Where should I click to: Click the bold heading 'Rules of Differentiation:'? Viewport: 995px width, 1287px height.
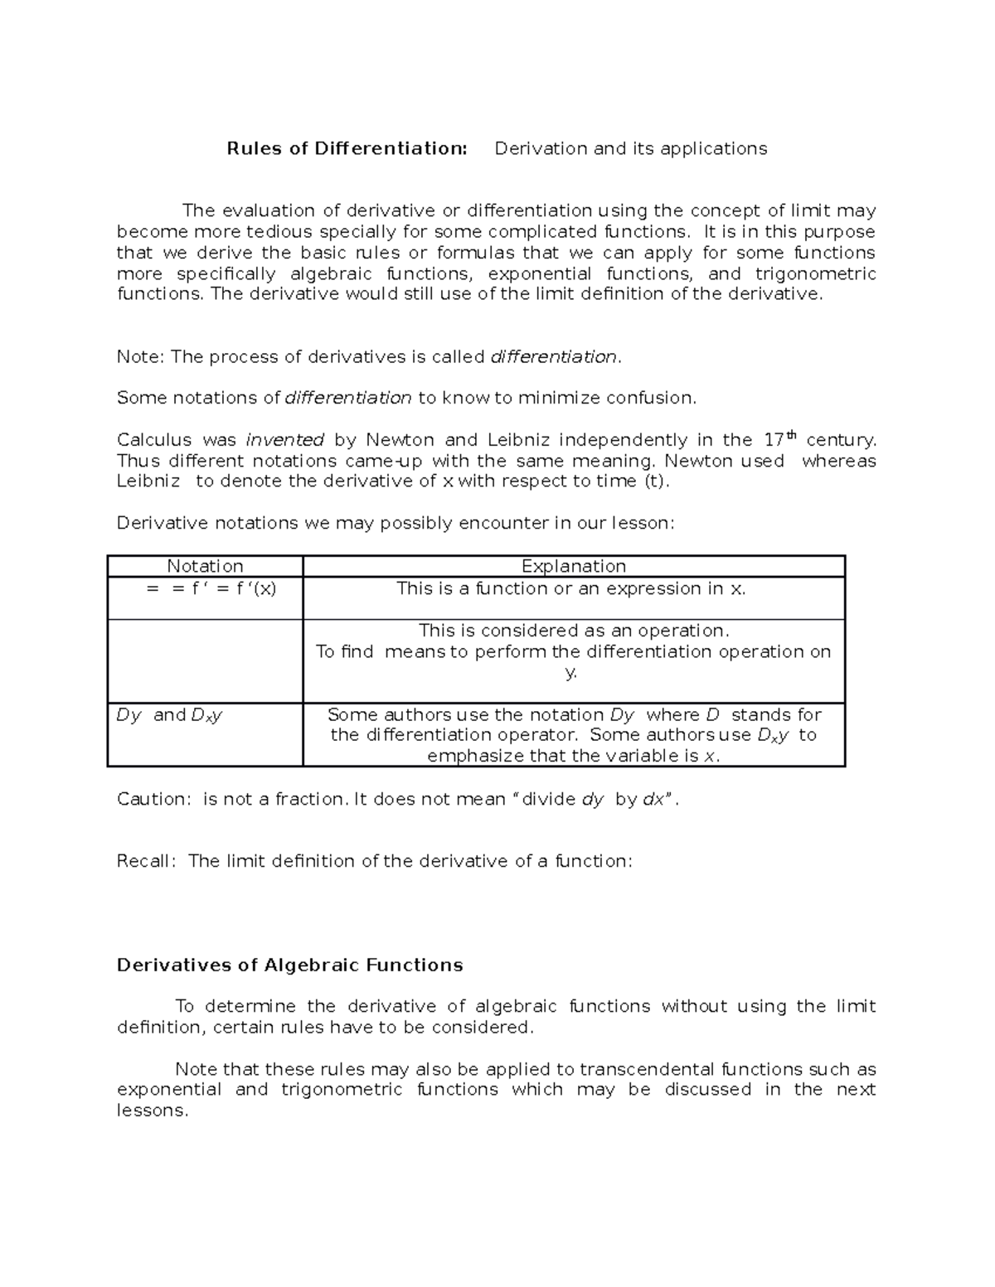click(x=347, y=148)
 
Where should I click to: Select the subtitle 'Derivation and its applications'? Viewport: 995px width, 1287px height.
click(x=630, y=148)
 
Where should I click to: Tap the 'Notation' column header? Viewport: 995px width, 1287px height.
click(x=205, y=566)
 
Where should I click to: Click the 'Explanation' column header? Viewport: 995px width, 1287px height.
click(x=573, y=566)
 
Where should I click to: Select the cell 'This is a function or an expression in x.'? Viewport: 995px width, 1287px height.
click(x=571, y=588)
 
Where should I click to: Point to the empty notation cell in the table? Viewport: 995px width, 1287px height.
click(x=205, y=660)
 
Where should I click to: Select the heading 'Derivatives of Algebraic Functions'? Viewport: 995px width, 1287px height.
click(x=289, y=965)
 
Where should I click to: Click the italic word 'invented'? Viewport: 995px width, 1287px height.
click(x=285, y=440)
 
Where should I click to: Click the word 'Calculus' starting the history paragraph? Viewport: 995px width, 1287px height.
click(x=154, y=440)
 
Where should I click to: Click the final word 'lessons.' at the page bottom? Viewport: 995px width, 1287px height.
click(x=153, y=1110)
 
